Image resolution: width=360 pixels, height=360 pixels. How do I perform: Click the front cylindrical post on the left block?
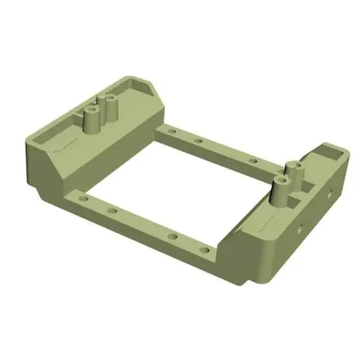(x=92, y=120)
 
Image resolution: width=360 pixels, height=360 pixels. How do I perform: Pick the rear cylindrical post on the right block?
(x=292, y=176)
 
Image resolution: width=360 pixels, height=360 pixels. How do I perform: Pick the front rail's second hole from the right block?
(x=172, y=236)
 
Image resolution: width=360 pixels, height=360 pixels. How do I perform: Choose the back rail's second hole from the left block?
(x=197, y=140)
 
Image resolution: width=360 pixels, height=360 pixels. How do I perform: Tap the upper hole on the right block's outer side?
(x=329, y=193)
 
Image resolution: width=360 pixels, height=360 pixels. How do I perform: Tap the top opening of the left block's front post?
(x=92, y=109)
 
